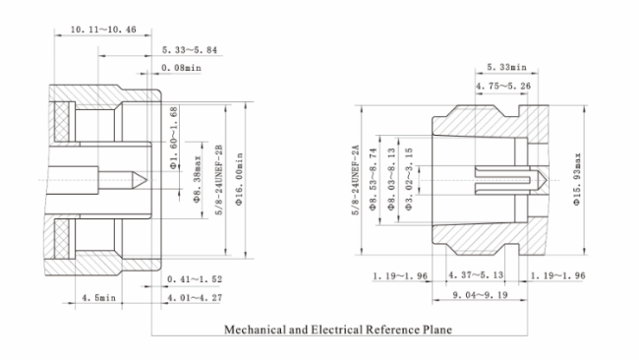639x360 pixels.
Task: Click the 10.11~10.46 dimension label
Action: (x=103, y=30)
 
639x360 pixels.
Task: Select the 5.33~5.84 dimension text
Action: (x=190, y=50)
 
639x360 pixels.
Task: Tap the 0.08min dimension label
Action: (x=181, y=68)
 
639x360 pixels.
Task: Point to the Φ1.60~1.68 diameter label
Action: (x=174, y=138)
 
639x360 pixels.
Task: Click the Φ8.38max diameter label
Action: (x=198, y=179)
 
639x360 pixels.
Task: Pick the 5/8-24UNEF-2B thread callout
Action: (x=219, y=179)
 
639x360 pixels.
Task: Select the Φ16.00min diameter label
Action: (x=239, y=179)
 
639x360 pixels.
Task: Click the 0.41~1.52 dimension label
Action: (x=195, y=279)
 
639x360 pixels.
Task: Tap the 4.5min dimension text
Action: (x=99, y=298)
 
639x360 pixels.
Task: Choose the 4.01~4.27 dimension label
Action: (x=196, y=298)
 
